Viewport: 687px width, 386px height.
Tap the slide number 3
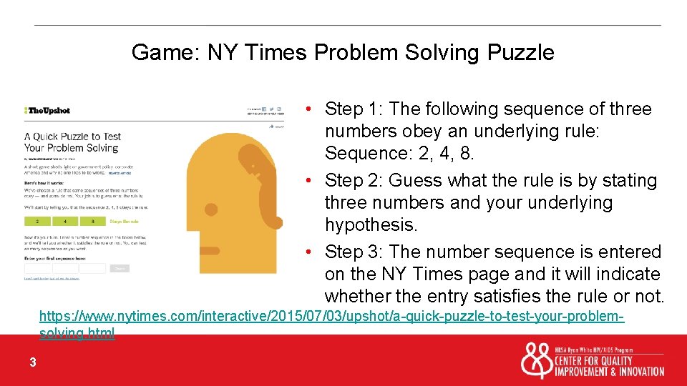coord(33,362)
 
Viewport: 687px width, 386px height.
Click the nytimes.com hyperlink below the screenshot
coord(331,316)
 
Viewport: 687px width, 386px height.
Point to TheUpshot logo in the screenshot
coord(47,110)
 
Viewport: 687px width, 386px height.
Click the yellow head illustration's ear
coord(210,210)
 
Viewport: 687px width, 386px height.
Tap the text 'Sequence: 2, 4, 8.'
coord(399,153)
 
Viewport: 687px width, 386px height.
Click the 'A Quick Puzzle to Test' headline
coord(72,137)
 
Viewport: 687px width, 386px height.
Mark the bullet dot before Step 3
coord(307,252)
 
